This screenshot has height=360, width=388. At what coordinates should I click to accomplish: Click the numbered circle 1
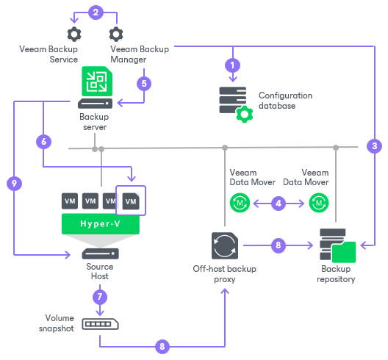point(234,64)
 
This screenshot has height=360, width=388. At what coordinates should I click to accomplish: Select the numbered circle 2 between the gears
point(94,12)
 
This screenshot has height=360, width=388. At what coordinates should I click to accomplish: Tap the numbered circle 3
point(374,145)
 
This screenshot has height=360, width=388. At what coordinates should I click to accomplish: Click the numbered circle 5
point(144,83)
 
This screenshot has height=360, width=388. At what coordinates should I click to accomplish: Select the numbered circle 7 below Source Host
point(98,297)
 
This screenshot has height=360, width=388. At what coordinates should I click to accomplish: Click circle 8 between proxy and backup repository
point(278,245)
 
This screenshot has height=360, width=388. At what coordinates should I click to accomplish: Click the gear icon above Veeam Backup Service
point(73,34)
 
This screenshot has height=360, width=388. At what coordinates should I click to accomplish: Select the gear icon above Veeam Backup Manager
point(116,34)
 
